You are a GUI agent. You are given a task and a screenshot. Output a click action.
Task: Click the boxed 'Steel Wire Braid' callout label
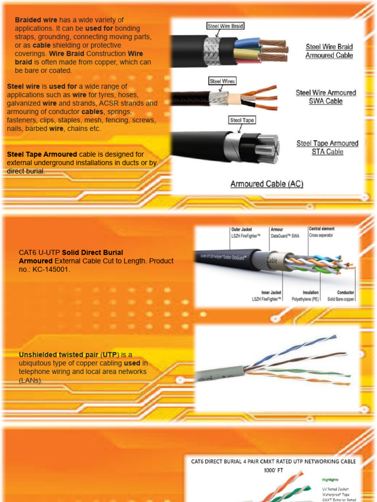[225, 26]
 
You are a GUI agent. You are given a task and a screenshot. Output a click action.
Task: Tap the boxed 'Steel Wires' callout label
[222, 81]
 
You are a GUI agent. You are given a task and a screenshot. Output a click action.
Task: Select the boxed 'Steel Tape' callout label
[242, 120]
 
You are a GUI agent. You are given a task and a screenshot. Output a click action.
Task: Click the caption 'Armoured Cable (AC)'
[267, 184]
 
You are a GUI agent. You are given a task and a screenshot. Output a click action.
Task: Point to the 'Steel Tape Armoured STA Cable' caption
[327, 148]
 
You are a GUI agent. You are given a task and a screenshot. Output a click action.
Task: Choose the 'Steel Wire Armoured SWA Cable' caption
[325, 97]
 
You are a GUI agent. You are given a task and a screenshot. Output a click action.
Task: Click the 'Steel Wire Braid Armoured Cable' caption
[329, 51]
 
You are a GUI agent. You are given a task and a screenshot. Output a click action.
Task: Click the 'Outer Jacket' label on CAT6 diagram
[242, 229]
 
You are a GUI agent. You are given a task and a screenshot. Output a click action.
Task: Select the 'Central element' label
[322, 229]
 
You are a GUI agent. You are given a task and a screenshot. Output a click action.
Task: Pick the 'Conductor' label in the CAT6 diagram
[346, 293]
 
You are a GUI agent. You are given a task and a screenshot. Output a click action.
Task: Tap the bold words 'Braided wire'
[36, 20]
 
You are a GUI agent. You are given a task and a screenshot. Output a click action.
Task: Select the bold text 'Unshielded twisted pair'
[59, 354]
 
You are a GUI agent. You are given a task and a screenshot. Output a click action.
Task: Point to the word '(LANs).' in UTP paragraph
[30, 380]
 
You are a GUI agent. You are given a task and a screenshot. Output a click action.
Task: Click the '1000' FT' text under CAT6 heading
[273, 471]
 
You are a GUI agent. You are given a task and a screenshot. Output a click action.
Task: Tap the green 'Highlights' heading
[330, 479]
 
